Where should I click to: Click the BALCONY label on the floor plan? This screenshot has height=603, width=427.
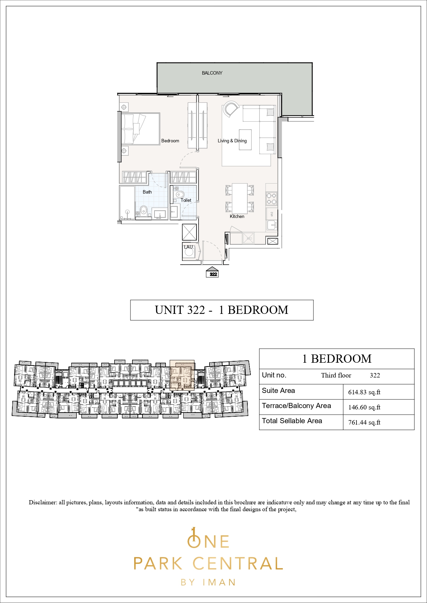(x=212, y=73)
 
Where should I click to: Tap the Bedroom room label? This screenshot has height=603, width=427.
(x=170, y=141)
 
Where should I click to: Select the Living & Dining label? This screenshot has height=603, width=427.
(x=232, y=141)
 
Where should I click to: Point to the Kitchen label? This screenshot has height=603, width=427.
(x=237, y=216)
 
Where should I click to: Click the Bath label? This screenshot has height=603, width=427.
(x=147, y=192)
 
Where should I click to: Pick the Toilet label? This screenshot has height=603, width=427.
(x=186, y=200)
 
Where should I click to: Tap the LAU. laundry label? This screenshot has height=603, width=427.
(x=189, y=247)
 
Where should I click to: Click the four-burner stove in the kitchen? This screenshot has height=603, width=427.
(x=271, y=198)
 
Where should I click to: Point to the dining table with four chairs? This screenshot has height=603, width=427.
(x=240, y=199)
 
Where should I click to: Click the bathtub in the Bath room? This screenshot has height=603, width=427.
(x=127, y=203)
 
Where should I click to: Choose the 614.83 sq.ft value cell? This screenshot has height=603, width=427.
(x=364, y=392)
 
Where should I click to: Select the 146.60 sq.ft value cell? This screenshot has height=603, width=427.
(x=364, y=407)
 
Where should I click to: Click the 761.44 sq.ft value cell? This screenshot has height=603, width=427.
(x=364, y=423)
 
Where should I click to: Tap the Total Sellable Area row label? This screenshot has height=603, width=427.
(x=292, y=421)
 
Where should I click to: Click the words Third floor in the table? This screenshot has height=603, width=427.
(x=336, y=375)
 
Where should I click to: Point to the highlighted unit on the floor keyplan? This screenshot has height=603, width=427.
(x=182, y=375)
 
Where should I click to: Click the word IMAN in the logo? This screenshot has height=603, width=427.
(x=219, y=582)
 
